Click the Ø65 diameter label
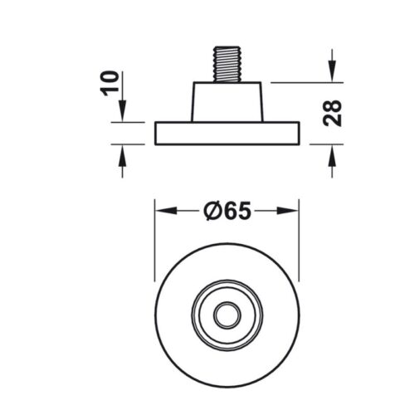pos(226,212)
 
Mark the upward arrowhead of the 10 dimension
pos(122,150)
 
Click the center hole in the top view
pos(226,315)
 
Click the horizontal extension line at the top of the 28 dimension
pos(307,82)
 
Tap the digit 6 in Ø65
pos(227,212)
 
